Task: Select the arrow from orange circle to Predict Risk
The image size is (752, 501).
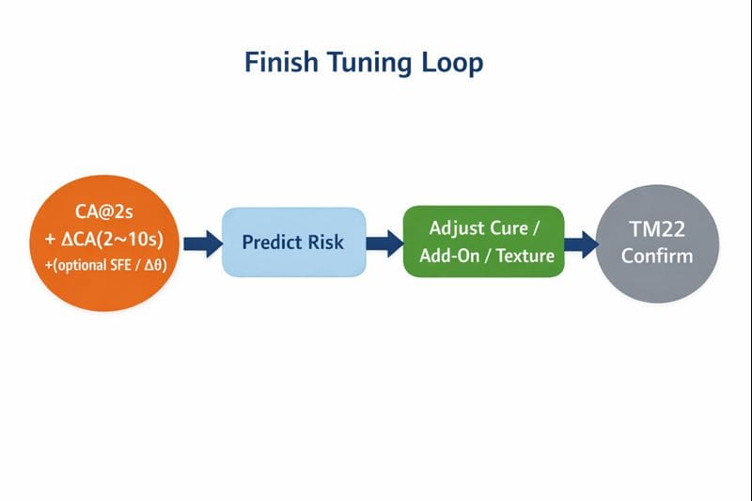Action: pyautogui.click(x=197, y=244)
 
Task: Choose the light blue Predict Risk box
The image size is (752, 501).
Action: pyautogui.click(x=293, y=242)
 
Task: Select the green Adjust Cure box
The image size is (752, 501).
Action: pyautogui.click(x=484, y=242)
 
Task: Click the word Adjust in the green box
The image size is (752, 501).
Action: pyautogui.click(x=457, y=228)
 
